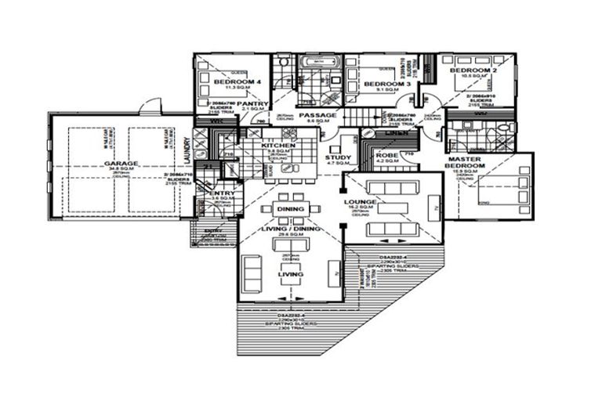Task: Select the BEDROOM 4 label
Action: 237,82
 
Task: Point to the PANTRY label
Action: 254,103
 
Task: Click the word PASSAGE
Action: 317,115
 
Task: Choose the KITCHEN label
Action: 277,146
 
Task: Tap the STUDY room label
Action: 338,157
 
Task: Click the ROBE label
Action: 387,156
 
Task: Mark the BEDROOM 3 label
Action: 387,84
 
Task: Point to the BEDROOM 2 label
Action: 473,71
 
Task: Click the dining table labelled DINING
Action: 291,209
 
